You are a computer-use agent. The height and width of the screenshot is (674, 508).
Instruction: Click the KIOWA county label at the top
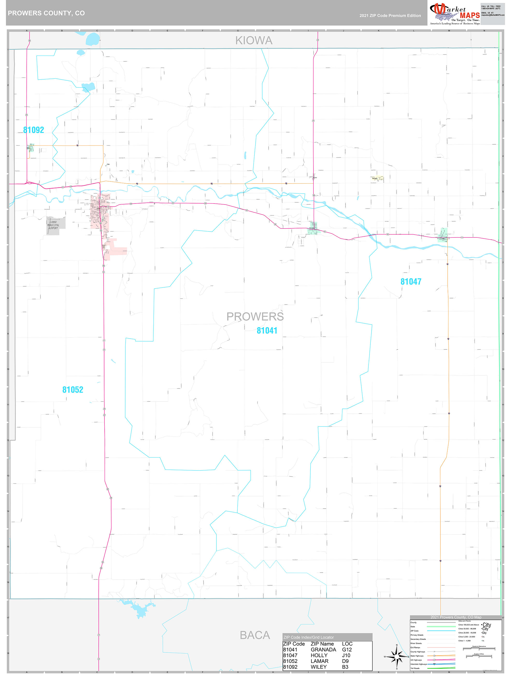254,40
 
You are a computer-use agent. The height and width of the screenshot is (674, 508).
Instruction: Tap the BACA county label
255,635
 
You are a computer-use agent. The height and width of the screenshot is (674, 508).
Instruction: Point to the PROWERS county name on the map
255,317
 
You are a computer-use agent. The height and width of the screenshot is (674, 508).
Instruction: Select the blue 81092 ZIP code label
33,130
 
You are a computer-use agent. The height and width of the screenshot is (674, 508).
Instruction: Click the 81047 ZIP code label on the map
411,282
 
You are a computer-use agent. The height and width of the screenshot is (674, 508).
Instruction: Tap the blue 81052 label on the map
73,390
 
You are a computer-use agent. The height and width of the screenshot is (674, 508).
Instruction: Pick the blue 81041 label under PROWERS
267,331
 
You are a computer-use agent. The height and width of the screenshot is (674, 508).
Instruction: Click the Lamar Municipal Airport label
53,225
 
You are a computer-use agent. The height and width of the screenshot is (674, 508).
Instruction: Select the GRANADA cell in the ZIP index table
323,650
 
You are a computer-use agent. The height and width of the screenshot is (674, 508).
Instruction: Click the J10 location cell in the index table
346,655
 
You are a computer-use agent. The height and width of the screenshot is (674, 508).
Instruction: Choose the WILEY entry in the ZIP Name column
318,667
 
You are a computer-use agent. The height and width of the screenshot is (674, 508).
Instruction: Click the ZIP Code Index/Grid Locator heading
309,637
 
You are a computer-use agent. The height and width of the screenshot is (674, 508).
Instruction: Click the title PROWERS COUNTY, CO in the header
46,13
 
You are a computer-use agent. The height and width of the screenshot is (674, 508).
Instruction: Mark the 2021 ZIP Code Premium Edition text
390,16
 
